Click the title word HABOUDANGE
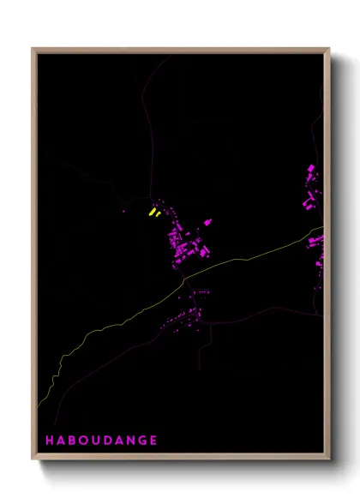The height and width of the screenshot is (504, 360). pyautogui.click(x=101, y=441)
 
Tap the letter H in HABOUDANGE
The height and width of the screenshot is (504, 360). pyautogui.click(x=50, y=441)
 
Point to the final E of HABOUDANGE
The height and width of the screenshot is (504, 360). pyautogui.click(x=153, y=441)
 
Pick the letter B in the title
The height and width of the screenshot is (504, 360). pyautogui.click(x=75, y=441)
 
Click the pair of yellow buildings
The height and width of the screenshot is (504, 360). pyautogui.click(x=153, y=212)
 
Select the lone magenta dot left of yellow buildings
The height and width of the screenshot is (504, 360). pyautogui.click(x=125, y=211)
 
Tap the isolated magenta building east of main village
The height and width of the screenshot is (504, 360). pyautogui.click(x=207, y=223)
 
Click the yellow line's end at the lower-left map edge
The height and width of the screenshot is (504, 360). pyautogui.click(x=39, y=405)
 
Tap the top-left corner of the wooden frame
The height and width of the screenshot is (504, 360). pyautogui.click(x=33, y=49)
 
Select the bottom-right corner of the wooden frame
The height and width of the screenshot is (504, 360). pyautogui.click(x=330, y=459)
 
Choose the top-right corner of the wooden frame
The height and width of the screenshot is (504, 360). pyautogui.click(x=330, y=49)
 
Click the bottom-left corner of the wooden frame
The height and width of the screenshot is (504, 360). pyautogui.click(x=33, y=459)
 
